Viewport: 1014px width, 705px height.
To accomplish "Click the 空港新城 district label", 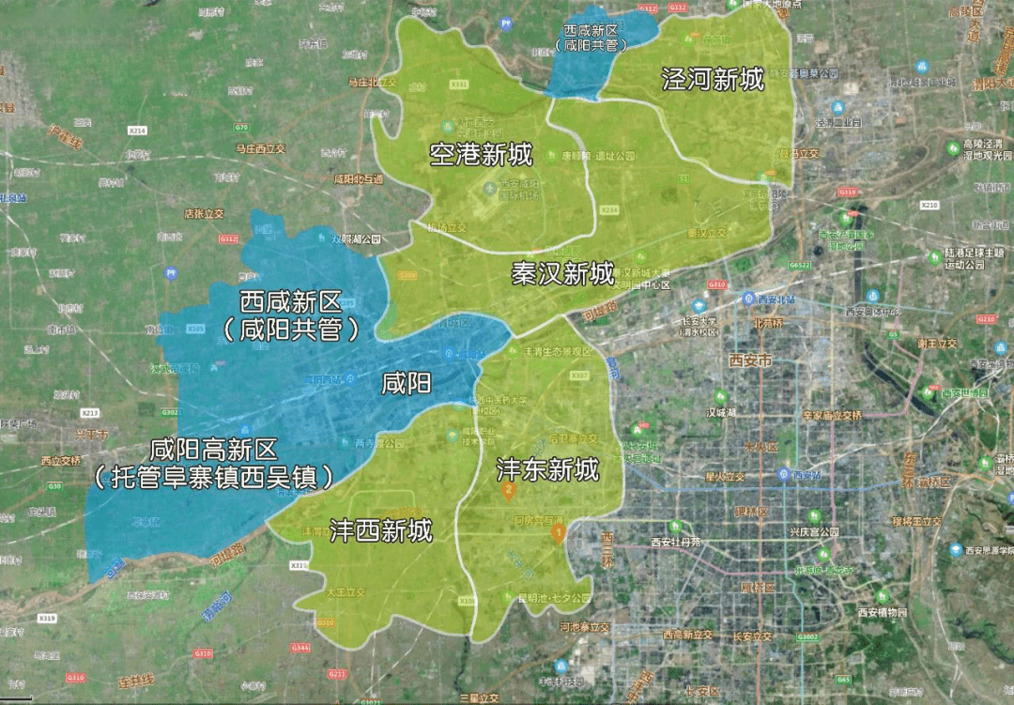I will tap(481, 155).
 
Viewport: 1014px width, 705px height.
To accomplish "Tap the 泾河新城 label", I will tap(713, 80).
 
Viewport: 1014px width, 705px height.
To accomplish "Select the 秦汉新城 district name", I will tap(562, 274).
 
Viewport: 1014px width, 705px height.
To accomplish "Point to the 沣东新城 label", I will tap(547, 469).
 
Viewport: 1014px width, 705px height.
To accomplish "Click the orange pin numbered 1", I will tap(558, 534).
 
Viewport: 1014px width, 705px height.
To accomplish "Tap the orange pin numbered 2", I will tap(508, 489).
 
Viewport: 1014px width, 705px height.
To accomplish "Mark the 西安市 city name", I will tap(751, 360).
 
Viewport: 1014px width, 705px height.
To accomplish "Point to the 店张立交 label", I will tap(204, 214).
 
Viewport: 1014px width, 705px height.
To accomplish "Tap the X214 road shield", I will tap(138, 129).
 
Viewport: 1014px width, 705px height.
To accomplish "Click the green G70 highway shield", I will tap(241, 127).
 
